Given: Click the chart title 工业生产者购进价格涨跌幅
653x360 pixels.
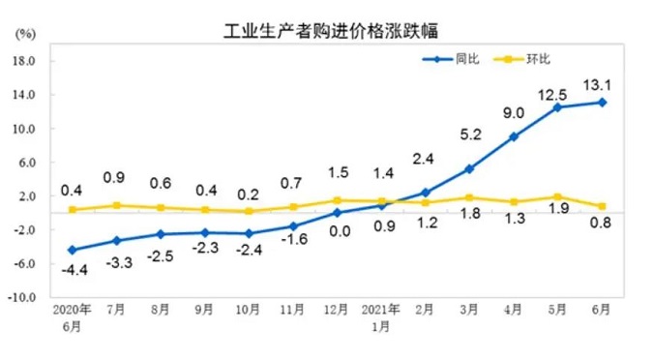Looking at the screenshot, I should click(326, 29).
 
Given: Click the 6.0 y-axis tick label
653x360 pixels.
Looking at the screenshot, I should click(26, 162).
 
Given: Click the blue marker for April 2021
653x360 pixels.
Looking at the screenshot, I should click(513, 136).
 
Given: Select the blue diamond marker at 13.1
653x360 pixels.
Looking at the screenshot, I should click(601, 102).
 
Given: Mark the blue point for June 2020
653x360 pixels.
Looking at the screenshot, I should click(72, 250).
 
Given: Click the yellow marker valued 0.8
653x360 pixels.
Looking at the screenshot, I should click(601, 206).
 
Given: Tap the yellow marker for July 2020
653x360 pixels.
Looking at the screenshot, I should click(116, 205).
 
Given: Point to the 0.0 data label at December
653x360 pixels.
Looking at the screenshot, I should click(337, 232).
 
